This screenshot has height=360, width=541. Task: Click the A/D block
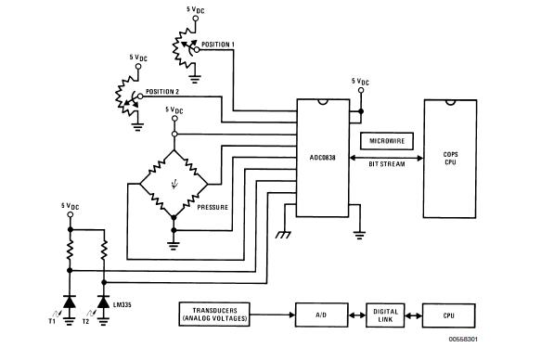322,314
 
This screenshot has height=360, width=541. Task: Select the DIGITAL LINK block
383,314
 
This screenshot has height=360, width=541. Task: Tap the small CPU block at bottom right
448,314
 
